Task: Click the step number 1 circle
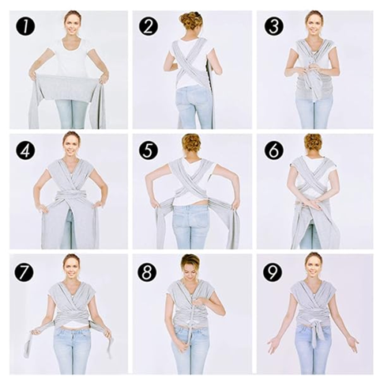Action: coord(25,27)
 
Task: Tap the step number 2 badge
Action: coord(149,27)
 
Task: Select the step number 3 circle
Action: coord(274,27)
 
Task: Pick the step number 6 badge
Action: coord(274,150)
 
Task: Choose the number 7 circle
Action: coord(24,272)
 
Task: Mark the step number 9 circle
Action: coord(273,272)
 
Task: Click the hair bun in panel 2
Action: coord(191,21)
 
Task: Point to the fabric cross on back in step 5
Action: coord(191,182)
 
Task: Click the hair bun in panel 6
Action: coord(313,144)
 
